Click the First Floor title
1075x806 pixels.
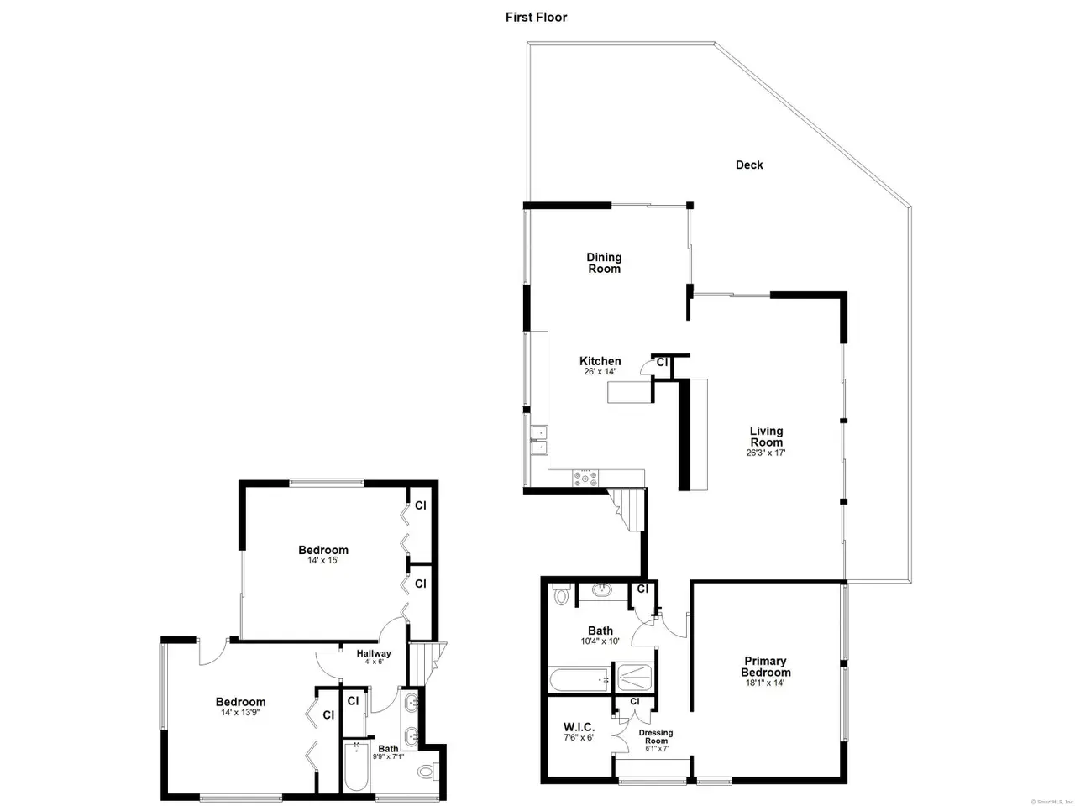(536, 18)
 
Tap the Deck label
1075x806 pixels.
(749, 165)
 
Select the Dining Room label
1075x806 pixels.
(604, 263)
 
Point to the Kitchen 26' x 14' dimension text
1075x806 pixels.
(600, 371)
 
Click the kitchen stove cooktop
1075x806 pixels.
(585, 478)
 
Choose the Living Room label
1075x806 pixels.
(766, 437)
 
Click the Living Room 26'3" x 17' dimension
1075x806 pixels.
(765, 453)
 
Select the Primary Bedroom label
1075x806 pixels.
(765, 667)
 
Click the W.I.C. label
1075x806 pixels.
(579, 727)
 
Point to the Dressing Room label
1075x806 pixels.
(655, 736)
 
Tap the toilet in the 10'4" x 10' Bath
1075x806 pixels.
(560, 594)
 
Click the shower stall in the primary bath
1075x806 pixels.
(634, 678)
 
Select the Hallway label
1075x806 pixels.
(373, 653)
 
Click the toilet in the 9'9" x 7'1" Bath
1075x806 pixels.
(427, 772)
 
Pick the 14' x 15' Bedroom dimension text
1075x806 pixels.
(322, 560)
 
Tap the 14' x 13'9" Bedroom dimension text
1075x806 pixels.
(240, 712)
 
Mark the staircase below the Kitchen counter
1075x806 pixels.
(627, 509)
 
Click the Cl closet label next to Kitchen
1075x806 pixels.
(662, 363)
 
